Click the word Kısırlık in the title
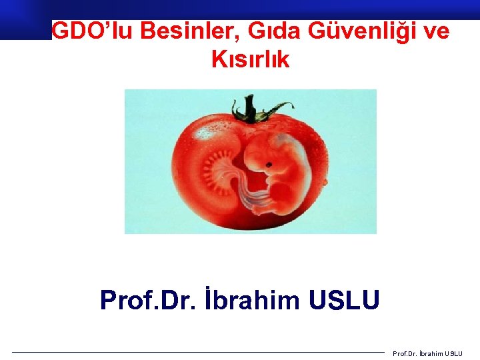pyautogui.click(x=250, y=59)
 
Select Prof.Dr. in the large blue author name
pyautogui.click(x=145, y=300)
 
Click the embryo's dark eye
pyautogui.click(x=270, y=163)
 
